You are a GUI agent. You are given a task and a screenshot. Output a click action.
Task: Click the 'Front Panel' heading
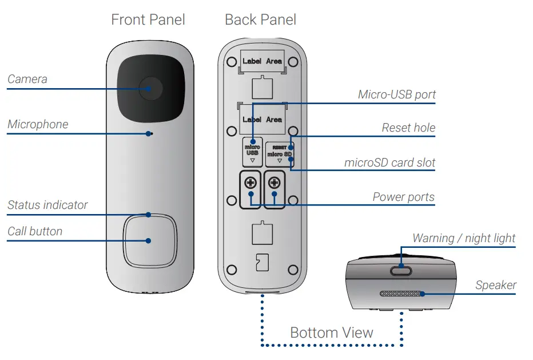148,20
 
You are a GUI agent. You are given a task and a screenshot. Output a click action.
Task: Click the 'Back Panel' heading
260,20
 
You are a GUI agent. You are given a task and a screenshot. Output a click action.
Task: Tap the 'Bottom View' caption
332,333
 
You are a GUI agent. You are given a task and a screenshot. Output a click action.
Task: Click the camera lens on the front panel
150,88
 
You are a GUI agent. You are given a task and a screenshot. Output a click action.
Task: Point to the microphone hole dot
149,134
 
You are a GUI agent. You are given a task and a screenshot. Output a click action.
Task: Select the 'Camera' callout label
27,79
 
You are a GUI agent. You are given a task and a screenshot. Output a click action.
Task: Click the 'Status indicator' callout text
47,205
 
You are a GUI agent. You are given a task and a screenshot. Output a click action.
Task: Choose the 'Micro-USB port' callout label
397,94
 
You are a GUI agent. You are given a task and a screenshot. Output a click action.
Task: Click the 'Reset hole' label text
408,128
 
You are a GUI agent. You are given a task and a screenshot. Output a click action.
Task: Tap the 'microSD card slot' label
389,163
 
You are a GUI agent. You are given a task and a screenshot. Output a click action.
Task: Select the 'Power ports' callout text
403,197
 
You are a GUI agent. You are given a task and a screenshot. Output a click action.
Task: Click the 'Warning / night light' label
464,238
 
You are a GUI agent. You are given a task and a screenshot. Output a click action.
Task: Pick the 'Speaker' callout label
495,285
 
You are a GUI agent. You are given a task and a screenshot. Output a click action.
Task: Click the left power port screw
250,184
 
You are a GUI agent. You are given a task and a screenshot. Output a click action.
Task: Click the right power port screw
275,184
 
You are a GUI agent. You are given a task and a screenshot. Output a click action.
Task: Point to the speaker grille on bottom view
403,294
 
